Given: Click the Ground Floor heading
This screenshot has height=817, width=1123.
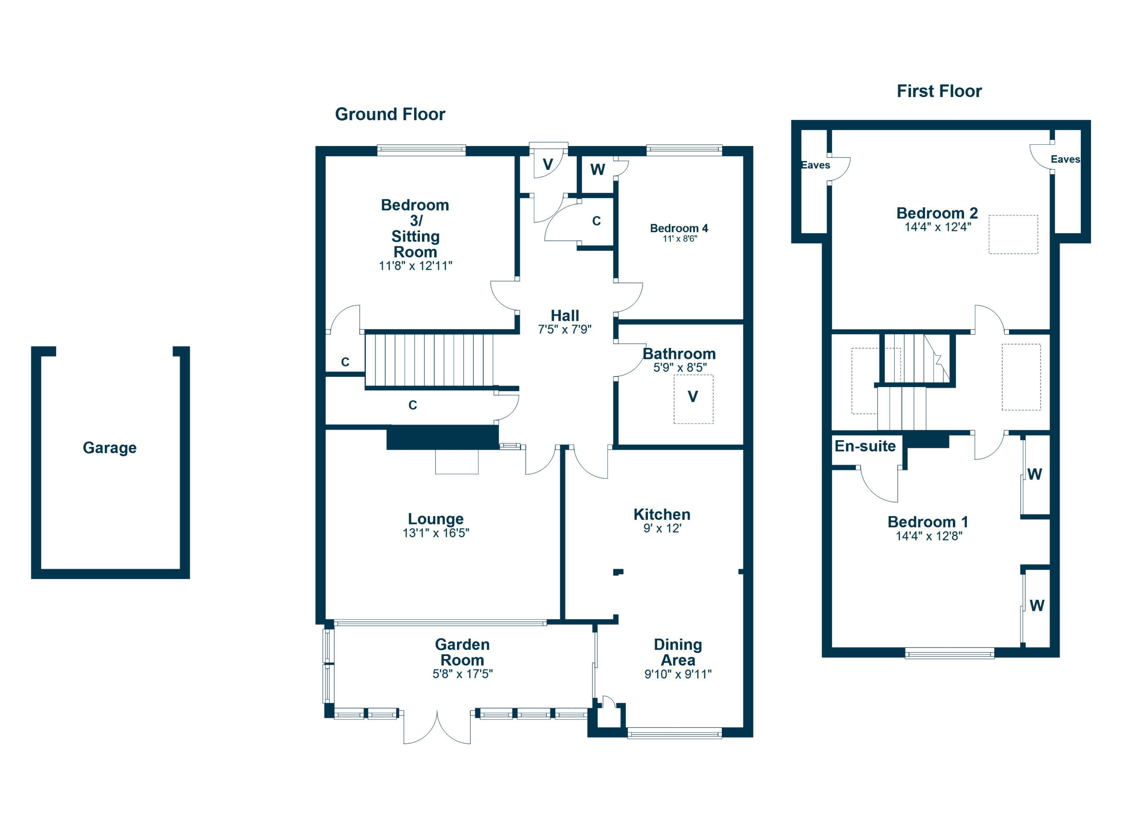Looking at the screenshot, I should tap(390, 115).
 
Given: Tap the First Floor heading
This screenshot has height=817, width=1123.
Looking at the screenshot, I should tap(939, 91).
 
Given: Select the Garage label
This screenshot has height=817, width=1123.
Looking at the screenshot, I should tap(109, 448).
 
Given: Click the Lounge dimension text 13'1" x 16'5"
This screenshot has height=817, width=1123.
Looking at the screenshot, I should tap(436, 533).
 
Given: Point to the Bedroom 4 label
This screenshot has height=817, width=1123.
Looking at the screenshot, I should tap(679, 228).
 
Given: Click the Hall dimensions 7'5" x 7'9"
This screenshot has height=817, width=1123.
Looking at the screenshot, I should tap(565, 329).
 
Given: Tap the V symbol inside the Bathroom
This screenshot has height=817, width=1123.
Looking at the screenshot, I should tap(693, 397).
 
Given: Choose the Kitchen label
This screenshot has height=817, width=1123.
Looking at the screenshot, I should tap(662, 514).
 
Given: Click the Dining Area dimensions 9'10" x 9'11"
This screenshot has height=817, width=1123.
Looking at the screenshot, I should tap(677, 674).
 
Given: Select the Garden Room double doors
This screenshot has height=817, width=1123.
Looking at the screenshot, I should tap(437, 727).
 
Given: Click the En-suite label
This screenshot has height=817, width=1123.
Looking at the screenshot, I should tap(865, 446).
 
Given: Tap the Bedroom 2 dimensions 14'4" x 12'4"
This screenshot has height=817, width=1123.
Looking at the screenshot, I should tap(937, 227).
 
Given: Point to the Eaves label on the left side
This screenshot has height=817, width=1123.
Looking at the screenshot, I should tap(815, 165).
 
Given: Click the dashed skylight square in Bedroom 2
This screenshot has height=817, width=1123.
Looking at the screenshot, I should tap(1012, 235).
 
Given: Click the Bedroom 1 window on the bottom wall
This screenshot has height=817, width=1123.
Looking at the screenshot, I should tap(949, 654).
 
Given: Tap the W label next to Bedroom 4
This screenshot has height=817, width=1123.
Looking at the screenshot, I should tap(597, 170).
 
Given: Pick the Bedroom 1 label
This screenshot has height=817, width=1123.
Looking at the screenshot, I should tap(927, 522).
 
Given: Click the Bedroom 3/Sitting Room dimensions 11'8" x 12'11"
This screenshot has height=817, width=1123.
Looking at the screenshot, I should tap(415, 266).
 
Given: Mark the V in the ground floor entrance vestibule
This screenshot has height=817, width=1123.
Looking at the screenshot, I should tap(547, 165).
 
